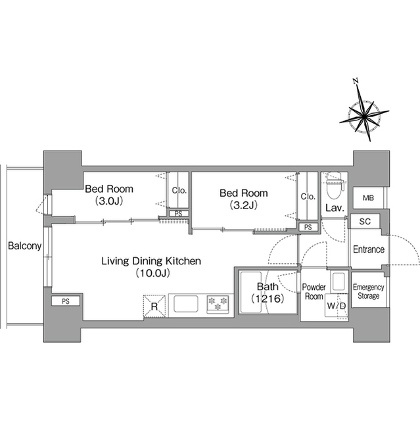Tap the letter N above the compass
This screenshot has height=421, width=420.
[356, 81]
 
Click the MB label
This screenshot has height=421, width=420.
[368, 198]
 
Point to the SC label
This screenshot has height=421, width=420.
[365, 222]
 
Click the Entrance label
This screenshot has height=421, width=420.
[369, 249]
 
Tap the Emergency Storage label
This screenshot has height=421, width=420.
[368, 291]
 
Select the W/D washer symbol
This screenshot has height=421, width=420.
[337, 305]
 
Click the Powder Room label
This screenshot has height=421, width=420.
[314, 291]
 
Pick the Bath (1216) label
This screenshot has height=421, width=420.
[268, 292]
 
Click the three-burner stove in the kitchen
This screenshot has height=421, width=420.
[218, 304]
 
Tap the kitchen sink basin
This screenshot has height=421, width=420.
[186, 304]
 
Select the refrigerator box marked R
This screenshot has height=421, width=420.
[154, 306]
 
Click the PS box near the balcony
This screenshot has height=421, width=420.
[66, 301]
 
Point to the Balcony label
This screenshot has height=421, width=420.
[25, 245]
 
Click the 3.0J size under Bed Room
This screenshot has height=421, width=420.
[109, 201]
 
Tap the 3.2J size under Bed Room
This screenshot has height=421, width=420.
[243, 205]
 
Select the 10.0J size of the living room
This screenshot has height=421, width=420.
[152, 273]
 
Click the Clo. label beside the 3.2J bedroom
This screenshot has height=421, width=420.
[308, 197]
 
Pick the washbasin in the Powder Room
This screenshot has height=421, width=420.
[338, 282]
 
